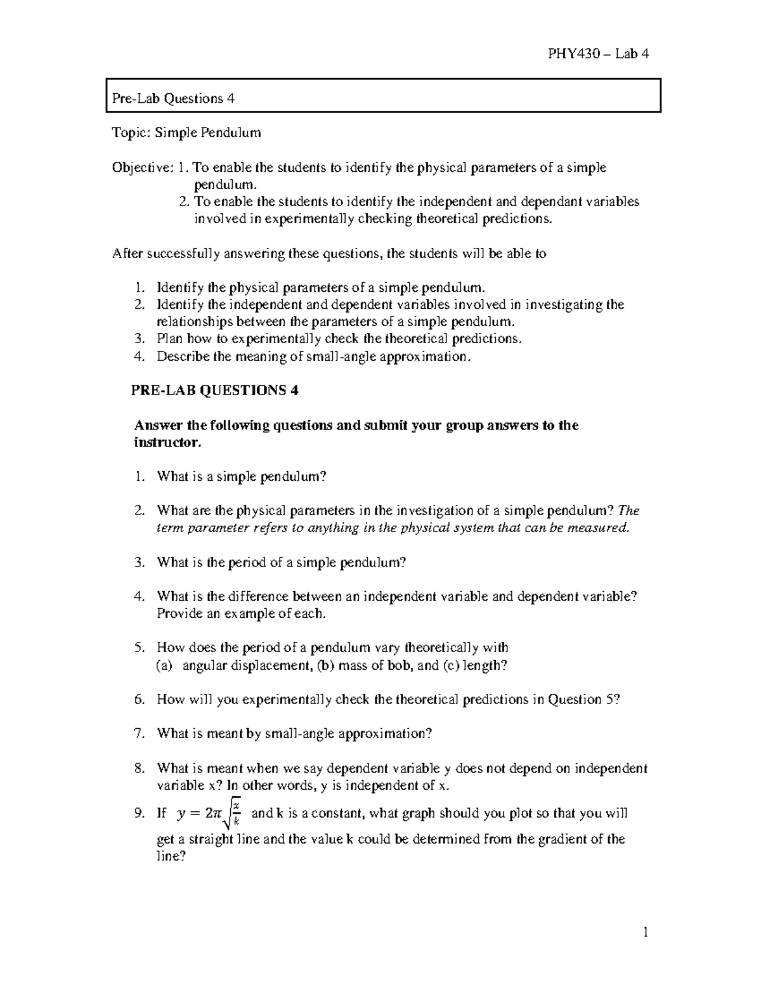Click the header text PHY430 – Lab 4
[x=598, y=54]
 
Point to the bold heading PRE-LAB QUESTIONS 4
[x=214, y=391]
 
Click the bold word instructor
[x=167, y=442]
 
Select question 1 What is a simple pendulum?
[x=241, y=476]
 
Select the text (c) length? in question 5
[x=476, y=665]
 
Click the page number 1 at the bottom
[x=646, y=932]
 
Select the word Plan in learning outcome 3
[x=169, y=339]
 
